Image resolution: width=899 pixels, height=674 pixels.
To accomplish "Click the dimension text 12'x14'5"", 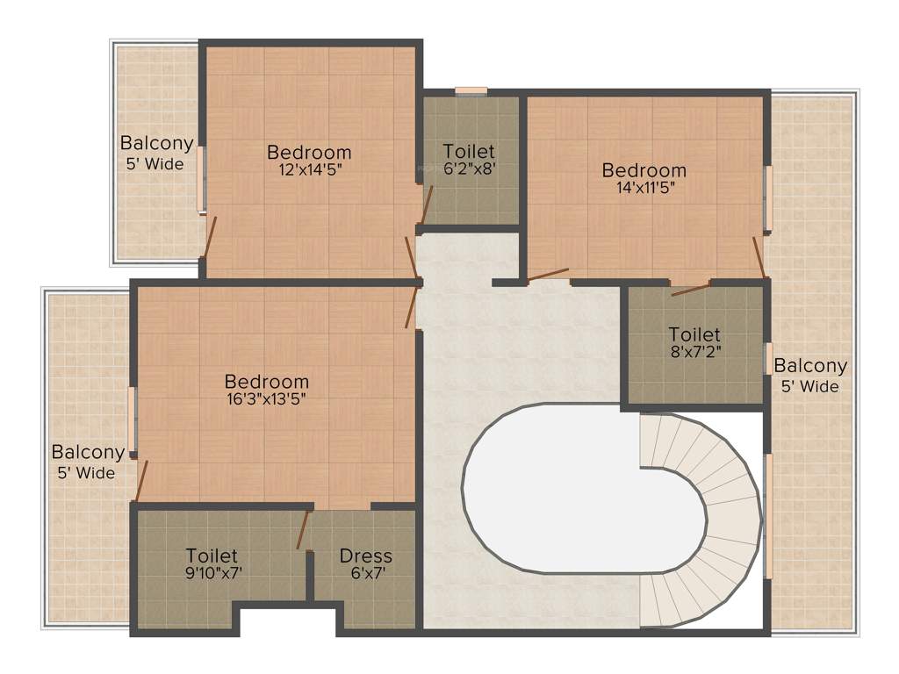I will (x=309, y=170).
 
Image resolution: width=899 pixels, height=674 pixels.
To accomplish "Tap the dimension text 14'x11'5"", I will (x=644, y=187).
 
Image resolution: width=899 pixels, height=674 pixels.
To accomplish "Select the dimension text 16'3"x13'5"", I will (x=267, y=398).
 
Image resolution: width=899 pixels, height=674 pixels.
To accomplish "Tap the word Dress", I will (x=366, y=556).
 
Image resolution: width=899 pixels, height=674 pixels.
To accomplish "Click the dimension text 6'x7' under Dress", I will (x=366, y=573).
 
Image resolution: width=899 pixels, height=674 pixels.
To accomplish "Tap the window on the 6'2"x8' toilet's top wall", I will (x=471, y=90).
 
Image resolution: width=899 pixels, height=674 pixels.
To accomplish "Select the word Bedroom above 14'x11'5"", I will (x=644, y=169).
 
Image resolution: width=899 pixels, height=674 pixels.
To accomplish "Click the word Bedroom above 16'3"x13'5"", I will (x=267, y=381).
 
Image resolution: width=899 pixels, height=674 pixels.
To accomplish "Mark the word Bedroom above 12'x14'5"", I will (x=309, y=152).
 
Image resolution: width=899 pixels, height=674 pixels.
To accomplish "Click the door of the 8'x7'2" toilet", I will (x=690, y=289).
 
